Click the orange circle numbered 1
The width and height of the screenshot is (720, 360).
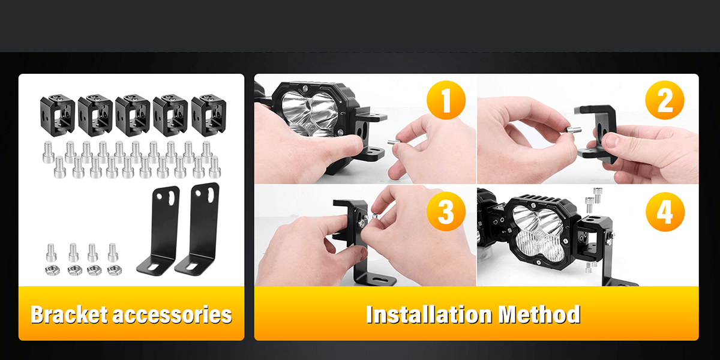[446, 100]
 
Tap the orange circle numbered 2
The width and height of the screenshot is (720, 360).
[665, 100]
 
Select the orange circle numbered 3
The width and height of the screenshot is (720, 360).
[446, 211]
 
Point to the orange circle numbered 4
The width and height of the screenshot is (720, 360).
[665, 211]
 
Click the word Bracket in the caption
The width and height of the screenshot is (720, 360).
[69, 314]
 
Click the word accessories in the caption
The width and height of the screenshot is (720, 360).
[173, 314]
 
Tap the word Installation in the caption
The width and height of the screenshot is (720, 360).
[429, 314]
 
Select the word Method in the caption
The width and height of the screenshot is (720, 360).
[539, 314]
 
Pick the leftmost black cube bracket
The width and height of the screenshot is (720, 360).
[58, 115]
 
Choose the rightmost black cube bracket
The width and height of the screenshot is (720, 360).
[209, 115]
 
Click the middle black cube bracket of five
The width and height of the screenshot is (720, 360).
[133, 115]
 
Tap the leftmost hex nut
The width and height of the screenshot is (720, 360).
[52, 271]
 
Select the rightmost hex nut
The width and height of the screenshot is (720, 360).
[115, 271]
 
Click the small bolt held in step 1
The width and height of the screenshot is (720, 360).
[394, 142]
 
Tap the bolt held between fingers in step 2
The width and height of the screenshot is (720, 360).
[573, 130]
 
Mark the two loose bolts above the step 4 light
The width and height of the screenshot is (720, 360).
[593, 200]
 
